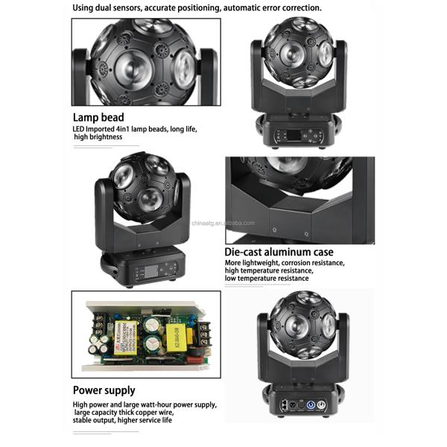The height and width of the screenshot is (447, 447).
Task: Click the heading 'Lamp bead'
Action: (x=98, y=117)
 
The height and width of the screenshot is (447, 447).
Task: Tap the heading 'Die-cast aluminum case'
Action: (x=279, y=252)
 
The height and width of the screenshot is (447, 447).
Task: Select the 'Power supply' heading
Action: (x=104, y=390)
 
